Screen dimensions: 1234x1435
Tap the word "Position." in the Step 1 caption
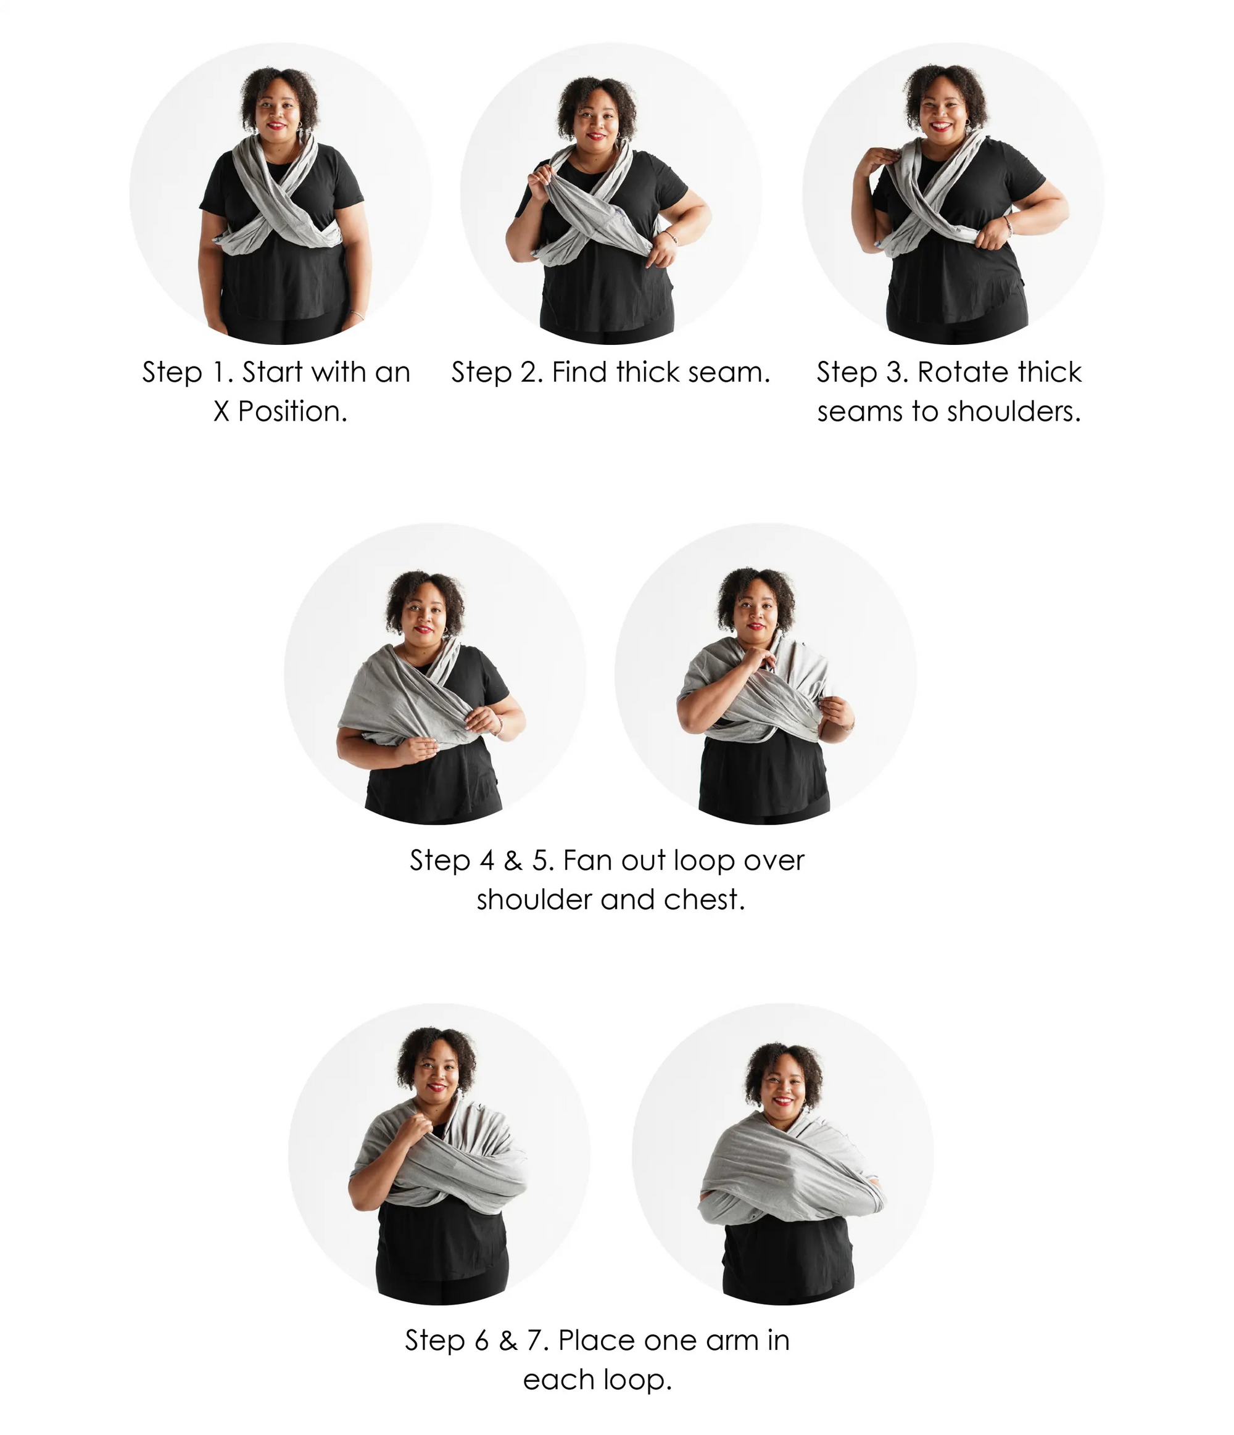(x=292, y=411)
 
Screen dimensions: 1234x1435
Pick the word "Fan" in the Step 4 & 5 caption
(x=588, y=860)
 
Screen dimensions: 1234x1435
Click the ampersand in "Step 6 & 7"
(x=508, y=1341)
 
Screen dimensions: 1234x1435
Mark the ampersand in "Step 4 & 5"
(x=513, y=860)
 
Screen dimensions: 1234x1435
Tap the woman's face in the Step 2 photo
(x=596, y=117)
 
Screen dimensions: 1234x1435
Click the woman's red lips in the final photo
(x=782, y=1100)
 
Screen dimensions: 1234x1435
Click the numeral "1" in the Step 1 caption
(x=218, y=372)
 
